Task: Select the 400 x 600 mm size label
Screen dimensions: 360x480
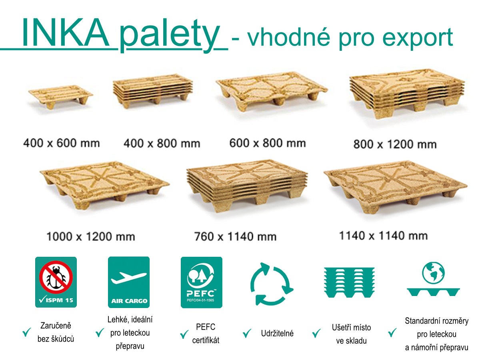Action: click(61, 142)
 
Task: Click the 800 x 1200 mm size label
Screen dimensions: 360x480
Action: click(394, 144)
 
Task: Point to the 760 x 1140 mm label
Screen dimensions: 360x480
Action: click(235, 236)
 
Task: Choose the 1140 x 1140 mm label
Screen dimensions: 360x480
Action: click(383, 236)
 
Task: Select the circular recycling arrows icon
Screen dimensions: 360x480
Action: click(271, 284)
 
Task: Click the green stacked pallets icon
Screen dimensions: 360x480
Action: click(349, 282)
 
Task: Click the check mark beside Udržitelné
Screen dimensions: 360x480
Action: click(247, 332)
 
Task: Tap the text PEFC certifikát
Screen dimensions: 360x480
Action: click(206, 334)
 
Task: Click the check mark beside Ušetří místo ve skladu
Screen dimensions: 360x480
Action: click(316, 333)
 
